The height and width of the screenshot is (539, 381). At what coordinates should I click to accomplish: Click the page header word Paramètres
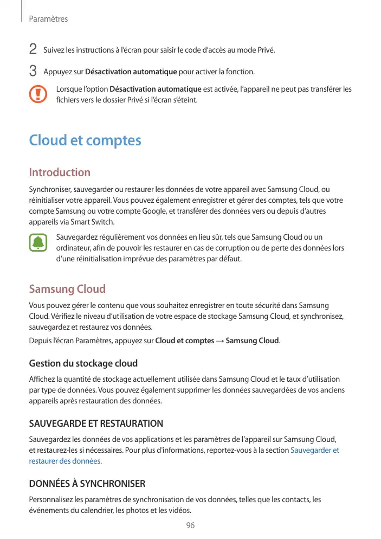coord(48,19)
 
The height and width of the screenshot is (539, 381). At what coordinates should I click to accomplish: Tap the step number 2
coord(33,50)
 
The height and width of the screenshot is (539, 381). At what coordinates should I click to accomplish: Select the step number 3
coord(33,71)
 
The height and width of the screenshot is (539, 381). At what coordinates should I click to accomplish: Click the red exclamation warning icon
coord(38,94)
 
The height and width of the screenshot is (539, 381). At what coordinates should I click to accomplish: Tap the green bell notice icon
coord(38,242)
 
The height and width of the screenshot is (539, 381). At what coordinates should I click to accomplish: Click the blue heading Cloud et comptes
coord(85,140)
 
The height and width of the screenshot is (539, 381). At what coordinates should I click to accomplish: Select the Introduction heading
coord(60,172)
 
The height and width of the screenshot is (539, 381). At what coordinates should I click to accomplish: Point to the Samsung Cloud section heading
coord(67,288)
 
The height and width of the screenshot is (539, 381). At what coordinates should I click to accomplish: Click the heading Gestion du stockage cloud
coord(83,363)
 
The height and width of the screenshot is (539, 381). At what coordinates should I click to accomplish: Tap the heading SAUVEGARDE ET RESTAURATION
coord(96,423)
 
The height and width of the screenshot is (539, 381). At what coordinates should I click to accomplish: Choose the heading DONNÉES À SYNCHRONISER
coord(87,483)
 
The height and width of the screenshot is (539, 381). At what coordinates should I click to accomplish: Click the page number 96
coord(190,525)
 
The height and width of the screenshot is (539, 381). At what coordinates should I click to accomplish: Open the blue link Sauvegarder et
coord(315,450)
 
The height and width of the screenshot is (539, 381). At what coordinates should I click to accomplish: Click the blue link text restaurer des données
coord(64,461)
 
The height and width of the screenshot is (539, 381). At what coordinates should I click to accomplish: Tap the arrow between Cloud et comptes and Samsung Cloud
coord(219,341)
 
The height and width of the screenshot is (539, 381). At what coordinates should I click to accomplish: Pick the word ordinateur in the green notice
coord(73,248)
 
